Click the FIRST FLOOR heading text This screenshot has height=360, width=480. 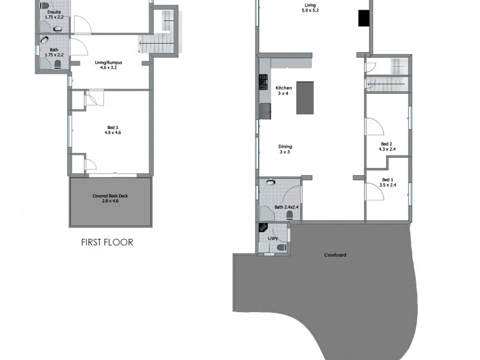pos(107,243)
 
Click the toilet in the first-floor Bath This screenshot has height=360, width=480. pos(58,65)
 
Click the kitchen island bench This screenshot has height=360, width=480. pos(305,98)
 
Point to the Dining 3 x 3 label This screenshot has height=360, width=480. pos(284,149)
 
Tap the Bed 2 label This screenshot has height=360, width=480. pos(386,147)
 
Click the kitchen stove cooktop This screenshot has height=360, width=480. pos(263,82)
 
